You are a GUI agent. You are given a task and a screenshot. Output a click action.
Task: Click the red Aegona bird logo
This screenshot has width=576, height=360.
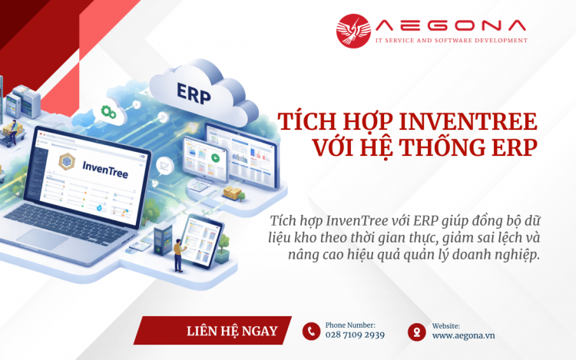[353, 31]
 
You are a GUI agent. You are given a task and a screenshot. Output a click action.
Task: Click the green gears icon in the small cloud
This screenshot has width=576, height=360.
[109, 114]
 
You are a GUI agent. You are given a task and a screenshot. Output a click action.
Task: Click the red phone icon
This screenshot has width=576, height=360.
[311, 331]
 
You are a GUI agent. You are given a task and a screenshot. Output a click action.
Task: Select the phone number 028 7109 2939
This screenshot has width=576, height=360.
[355, 335]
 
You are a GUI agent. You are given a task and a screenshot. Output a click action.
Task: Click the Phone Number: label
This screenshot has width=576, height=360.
[350, 325]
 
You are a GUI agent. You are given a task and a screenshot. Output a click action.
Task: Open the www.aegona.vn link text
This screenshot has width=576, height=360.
[463, 335]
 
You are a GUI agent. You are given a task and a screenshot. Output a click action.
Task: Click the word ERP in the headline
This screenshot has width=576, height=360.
[511, 148]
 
